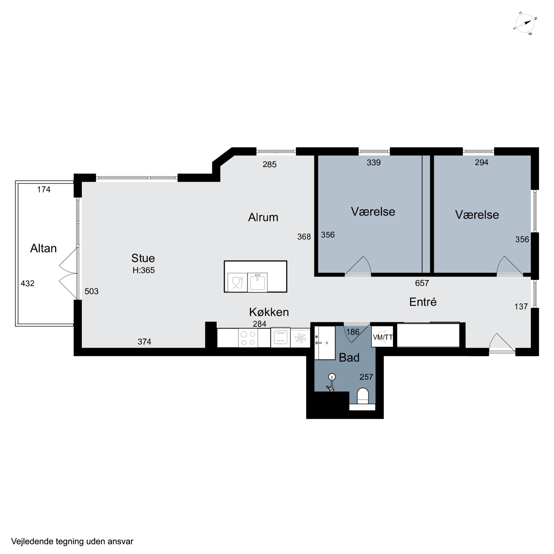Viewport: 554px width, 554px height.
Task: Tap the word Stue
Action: point(143,258)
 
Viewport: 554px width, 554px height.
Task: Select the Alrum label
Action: point(263,217)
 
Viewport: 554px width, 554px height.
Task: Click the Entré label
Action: point(423,302)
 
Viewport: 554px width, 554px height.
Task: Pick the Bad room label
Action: point(349,358)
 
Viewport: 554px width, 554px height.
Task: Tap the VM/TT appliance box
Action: point(382,337)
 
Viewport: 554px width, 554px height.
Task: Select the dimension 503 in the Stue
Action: point(91,291)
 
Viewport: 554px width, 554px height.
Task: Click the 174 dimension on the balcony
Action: point(44,189)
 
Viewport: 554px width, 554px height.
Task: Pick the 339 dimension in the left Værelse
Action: point(374,163)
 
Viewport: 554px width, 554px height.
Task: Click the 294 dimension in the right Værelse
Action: point(481,163)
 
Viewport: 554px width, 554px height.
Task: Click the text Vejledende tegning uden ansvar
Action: point(72,541)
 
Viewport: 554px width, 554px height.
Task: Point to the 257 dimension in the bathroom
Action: point(366,377)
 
